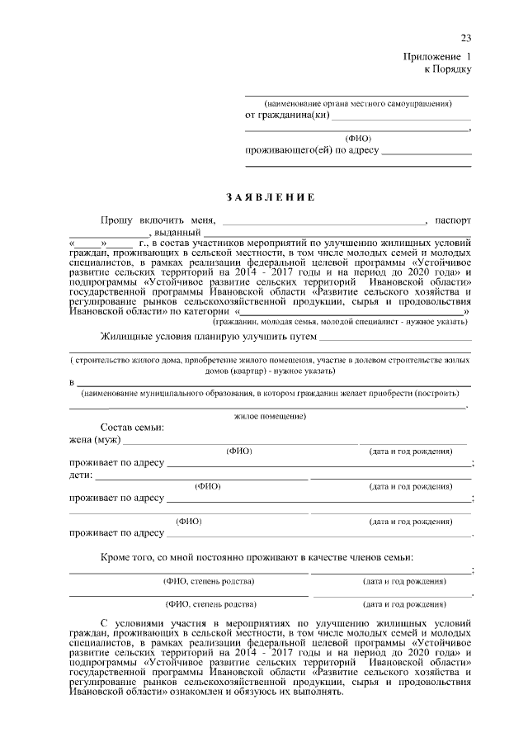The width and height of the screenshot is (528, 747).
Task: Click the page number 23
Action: click(x=465, y=39)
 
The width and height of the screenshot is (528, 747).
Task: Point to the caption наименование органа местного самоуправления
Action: click(x=357, y=104)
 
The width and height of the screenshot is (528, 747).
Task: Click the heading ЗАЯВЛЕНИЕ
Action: click(x=270, y=198)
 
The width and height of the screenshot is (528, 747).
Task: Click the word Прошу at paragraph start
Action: click(x=117, y=221)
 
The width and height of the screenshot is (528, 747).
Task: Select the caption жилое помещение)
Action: click(x=270, y=417)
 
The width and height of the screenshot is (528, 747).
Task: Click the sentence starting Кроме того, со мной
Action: click(x=257, y=559)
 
